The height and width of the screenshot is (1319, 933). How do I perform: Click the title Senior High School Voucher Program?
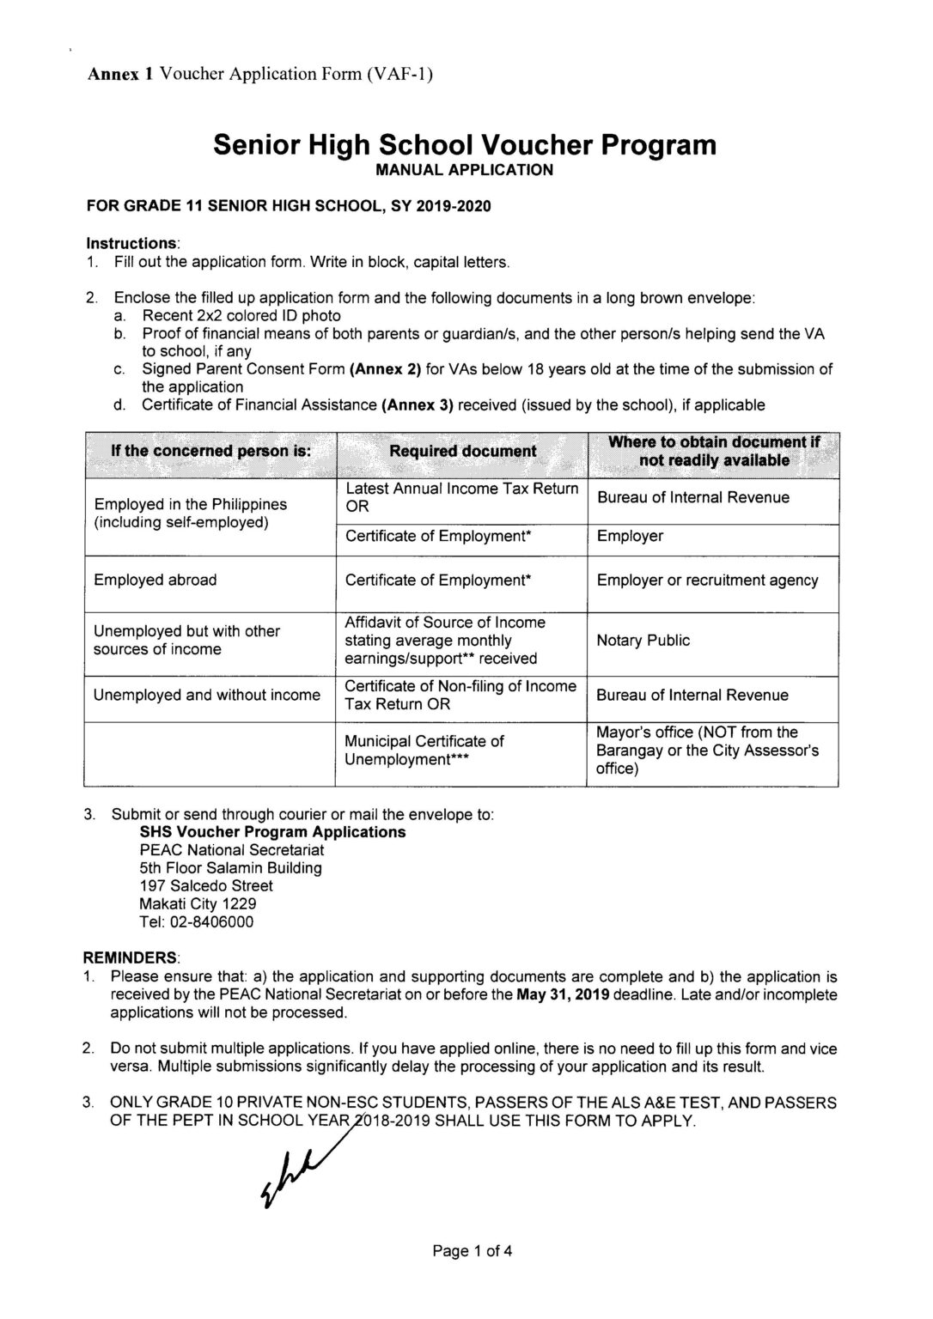click(464, 144)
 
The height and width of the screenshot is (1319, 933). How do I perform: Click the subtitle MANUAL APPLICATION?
click(464, 170)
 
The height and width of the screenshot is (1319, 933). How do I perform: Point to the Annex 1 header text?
click(260, 74)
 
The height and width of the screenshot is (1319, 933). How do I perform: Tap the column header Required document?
click(462, 452)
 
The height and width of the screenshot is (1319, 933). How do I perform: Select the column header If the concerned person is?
click(210, 452)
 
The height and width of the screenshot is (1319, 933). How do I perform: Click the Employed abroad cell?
click(155, 580)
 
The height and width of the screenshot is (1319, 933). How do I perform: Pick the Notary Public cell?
click(643, 641)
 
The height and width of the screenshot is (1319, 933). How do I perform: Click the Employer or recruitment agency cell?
click(707, 580)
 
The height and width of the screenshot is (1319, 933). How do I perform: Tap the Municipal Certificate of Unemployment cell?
click(424, 751)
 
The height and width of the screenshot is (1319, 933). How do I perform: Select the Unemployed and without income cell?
click(207, 696)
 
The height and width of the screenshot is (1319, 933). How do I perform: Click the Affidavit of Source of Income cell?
click(445, 641)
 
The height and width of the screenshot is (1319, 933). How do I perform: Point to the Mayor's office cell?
click(707, 751)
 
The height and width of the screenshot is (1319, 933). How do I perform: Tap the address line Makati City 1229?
click(198, 904)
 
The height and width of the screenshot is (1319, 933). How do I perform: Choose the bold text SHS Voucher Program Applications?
click(272, 832)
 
